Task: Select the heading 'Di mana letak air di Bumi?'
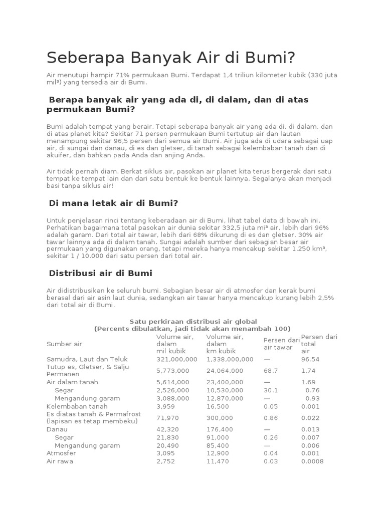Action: click(x=113, y=203)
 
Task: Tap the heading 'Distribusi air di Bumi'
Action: click(x=100, y=273)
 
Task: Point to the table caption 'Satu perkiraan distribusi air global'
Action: click(x=193, y=321)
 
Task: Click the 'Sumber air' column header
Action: click(x=64, y=344)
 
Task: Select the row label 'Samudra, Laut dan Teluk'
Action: click(x=87, y=359)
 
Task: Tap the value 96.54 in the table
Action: click(x=310, y=359)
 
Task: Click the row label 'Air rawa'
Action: click(x=60, y=461)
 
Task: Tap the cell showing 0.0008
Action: click(x=312, y=461)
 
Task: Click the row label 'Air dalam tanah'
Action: click(x=72, y=382)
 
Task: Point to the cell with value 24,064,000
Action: click(x=225, y=371)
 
